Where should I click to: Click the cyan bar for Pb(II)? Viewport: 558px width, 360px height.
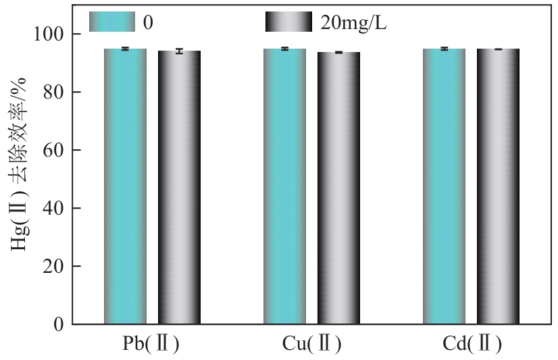pos(125,186)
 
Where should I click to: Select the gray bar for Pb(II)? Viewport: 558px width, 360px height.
pos(180,187)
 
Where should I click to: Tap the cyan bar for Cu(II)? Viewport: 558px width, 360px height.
pos(284,186)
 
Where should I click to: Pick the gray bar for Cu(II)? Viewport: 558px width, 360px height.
pos(338,188)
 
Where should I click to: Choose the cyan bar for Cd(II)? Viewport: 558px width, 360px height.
pos(444,186)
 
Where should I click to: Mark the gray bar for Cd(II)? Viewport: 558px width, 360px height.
pos(498,186)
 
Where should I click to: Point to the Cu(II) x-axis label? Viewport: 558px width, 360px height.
pos(311,344)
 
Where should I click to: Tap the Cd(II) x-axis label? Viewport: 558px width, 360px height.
pos(472,344)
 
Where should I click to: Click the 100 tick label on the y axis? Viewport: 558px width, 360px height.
pos(49,34)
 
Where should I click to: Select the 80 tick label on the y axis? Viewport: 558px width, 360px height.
pos(54,93)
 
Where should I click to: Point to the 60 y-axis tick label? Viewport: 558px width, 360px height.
pos(54,151)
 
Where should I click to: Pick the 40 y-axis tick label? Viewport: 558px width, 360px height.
pos(54,209)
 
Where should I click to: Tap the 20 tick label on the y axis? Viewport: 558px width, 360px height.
pos(54,267)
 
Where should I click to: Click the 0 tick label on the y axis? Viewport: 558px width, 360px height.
pos(59,325)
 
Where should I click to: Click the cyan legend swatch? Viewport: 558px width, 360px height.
pos(111,22)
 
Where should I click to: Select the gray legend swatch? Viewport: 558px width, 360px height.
pos(288,22)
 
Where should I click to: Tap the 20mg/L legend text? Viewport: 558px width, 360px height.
pos(353,23)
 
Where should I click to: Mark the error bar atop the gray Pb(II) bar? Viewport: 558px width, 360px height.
pos(180,51)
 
